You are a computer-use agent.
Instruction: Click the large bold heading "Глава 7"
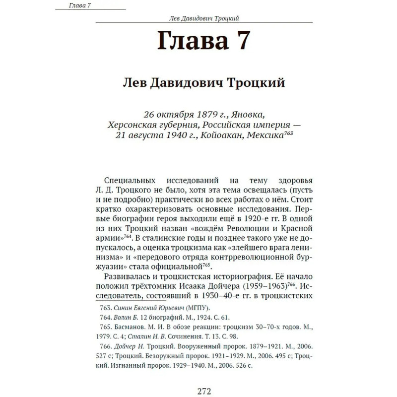click(203, 40)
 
